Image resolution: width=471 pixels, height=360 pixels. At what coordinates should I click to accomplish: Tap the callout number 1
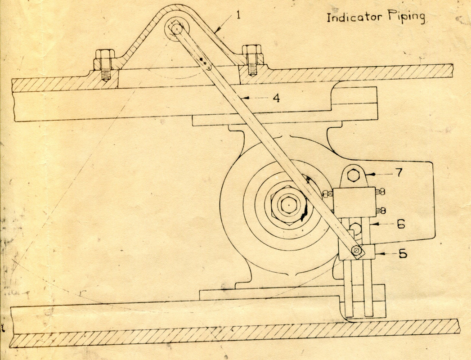click(x=238, y=15)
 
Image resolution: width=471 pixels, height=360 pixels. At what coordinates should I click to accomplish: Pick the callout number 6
click(x=401, y=224)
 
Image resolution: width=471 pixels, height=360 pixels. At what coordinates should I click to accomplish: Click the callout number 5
click(x=403, y=254)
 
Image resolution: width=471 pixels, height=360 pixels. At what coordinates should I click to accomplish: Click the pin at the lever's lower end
click(x=357, y=251)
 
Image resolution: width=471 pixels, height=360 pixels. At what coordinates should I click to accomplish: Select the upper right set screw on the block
click(x=381, y=192)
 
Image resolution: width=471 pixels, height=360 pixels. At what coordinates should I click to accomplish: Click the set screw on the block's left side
click(x=327, y=194)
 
